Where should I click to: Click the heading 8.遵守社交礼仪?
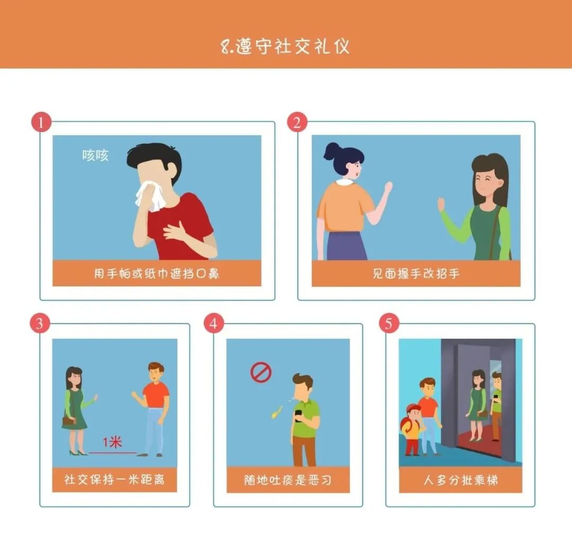285,46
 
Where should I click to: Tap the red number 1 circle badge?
41,122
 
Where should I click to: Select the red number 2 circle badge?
297,122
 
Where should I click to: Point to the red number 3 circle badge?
40,323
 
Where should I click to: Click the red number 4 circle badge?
214,323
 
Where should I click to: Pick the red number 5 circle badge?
389,323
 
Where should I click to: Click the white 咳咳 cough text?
95,155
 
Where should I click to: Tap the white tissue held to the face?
149,196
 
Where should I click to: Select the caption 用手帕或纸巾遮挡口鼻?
157,274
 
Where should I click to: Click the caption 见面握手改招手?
416,274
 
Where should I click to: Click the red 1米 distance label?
112,443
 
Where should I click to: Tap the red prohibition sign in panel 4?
261,372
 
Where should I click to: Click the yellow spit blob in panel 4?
277,412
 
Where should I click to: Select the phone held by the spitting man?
298,416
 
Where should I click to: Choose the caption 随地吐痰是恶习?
288,480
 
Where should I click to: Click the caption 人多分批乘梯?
461,480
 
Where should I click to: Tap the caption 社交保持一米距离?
114,479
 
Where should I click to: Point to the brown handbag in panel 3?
69,421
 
